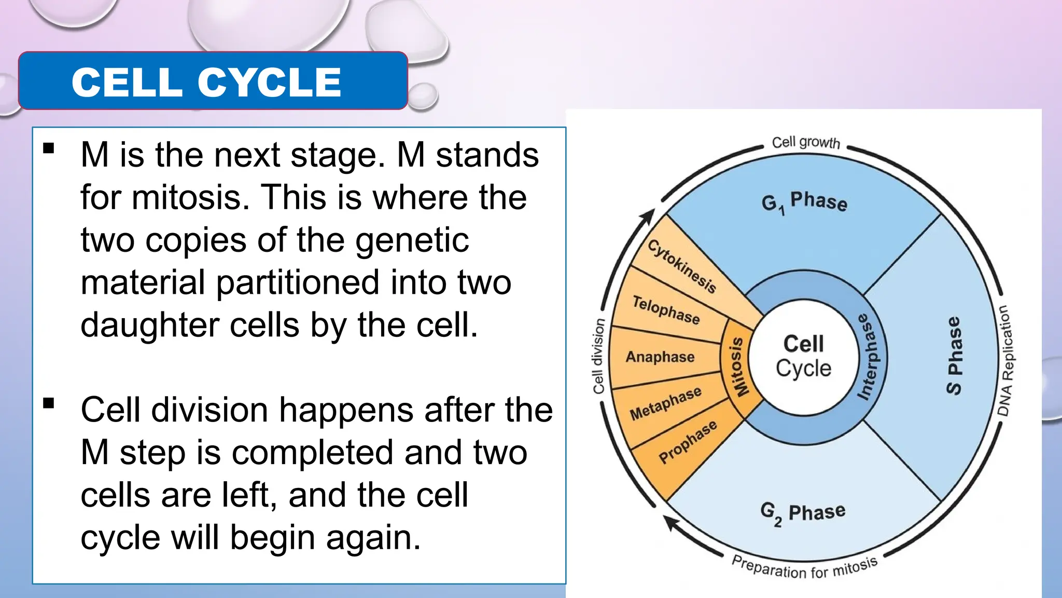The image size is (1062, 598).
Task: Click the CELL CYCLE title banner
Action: pyautogui.click(x=213, y=81)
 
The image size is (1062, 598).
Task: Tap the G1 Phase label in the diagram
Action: pyautogui.click(x=804, y=202)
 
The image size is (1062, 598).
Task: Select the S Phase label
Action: pyautogui.click(x=954, y=356)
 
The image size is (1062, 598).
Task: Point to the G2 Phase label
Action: pyautogui.click(x=803, y=512)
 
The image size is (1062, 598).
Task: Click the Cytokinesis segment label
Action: pyautogui.click(x=682, y=266)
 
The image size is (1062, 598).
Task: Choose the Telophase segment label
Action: pyautogui.click(x=666, y=310)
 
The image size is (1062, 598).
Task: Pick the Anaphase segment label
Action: pyautogui.click(x=660, y=357)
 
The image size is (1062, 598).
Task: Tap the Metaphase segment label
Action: pyautogui.click(x=665, y=403)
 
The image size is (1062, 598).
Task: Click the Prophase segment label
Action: pyautogui.click(x=688, y=442)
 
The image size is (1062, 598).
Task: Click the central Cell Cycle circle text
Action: pyautogui.click(x=803, y=356)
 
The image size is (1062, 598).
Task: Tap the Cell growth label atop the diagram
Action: pyautogui.click(x=805, y=142)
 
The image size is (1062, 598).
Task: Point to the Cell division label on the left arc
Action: pyautogui.click(x=598, y=356)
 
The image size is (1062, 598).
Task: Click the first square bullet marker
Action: pyautogui.click(x=49, y=149)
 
